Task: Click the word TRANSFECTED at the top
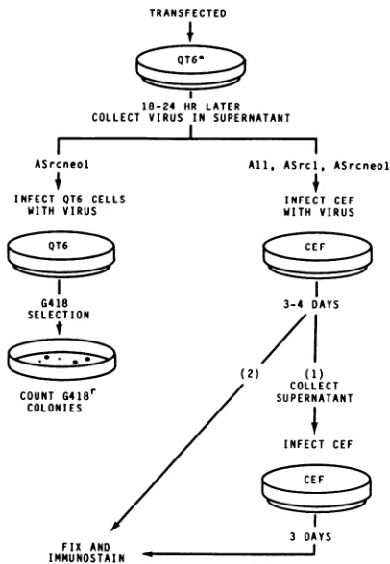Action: pyautogui.click(x=188, y=13)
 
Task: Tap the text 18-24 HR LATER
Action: pyautogui.click(x=190, y=106)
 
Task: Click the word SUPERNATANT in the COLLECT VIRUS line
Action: pyautogui.click(x=252, y=118)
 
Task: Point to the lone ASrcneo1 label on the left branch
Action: pyautogui.click(x=61, y=164)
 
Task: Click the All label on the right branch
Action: pyautogui.click(x=258, y=165)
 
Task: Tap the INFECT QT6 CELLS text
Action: pyautogui.click(x=70, y=199)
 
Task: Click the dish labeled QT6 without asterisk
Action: pyautogui.click(x=61, y=254)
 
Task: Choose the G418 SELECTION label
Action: pyautogui.click(x=59, y=309)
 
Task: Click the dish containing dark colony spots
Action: pyautogui.click(x=61, y=359)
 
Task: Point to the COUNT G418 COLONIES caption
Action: pyautogui.click(x=58, y=401)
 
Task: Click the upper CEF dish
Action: pyautogui.click(x=317, y=255)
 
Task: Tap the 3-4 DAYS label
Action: pyautogui.click(x=311, y=304)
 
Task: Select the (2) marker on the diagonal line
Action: pyautogui.click(x=250, y=374)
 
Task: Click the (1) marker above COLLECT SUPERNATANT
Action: pyautogui.click(x=314, y=374)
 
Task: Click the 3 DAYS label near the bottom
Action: pyautogui.click(x=310, y=537)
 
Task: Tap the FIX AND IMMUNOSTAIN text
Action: pyautogui.click(x=86, y=552)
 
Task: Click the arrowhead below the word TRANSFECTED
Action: pyautogui.click(x=190, y=37)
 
